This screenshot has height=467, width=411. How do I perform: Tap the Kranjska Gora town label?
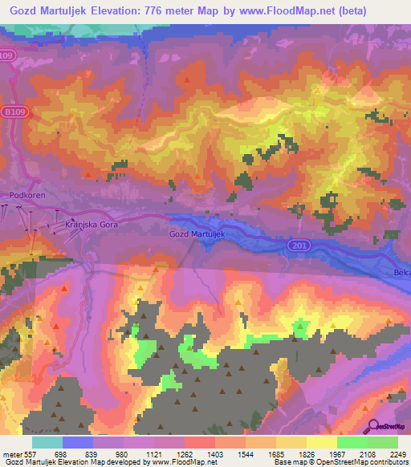coord(91,227)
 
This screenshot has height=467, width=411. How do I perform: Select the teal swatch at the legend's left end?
coord(47,442)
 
